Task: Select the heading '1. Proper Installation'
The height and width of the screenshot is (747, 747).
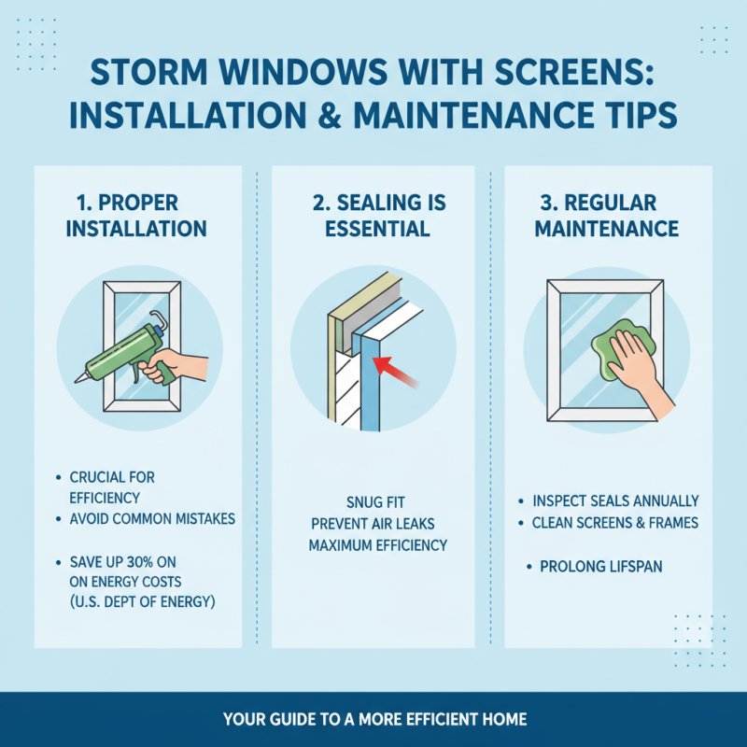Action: (138, 216)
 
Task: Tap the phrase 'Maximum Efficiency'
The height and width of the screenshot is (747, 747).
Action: (378, 545)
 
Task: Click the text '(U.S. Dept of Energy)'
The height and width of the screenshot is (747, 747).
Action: (142, 602)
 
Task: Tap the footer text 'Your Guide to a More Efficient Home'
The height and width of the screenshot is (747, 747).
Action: (374, 719)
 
